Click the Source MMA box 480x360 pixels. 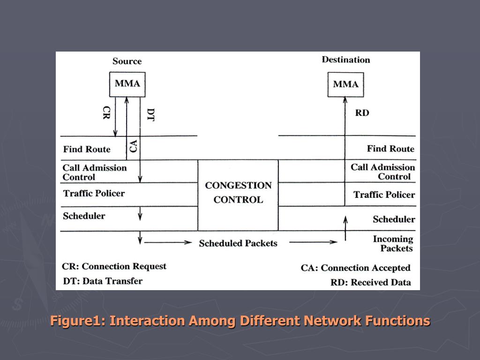(127, 84)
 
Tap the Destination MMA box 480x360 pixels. (345, 85)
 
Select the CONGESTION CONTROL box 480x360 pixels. (238, 193)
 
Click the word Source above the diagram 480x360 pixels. (127, 61)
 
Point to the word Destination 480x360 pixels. (346, 60)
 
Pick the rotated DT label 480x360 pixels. (150, 115)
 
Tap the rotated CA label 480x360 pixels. (134, 145)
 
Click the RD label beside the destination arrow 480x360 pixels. (362, 113)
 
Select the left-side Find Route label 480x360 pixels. (87, 150)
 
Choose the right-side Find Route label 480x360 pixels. (390, 149)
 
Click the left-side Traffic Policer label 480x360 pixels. (94, 193)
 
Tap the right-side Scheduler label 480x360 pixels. (394, 219)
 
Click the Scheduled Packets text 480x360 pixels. (238, 243)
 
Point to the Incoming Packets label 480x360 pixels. (393, 244)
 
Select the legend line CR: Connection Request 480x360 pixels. (114, 267)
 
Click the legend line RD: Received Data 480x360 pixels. (371, 282)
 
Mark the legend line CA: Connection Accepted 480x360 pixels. (355, 268)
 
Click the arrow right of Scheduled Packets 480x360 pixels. (313, 242)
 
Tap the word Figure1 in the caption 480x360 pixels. (78, 321)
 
